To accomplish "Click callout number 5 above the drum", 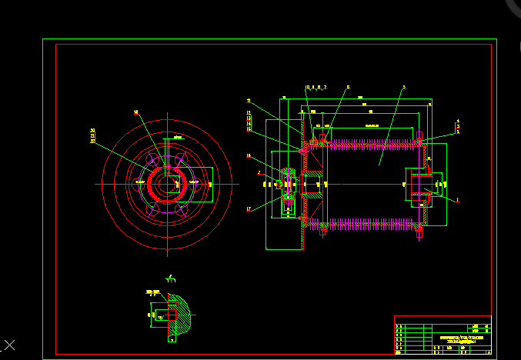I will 404,88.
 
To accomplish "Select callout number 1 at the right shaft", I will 457,200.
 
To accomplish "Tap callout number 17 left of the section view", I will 249,209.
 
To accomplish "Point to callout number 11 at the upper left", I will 249,101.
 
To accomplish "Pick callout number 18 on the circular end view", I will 136,112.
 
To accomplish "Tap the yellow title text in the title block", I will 462,338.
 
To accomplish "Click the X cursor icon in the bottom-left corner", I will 9,344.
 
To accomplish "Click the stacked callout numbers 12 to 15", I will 249,122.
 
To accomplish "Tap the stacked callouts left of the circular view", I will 93,136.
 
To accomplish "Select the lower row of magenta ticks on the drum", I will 369,225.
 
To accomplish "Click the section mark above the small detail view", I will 169,277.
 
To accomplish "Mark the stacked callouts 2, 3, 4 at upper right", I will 458,126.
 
